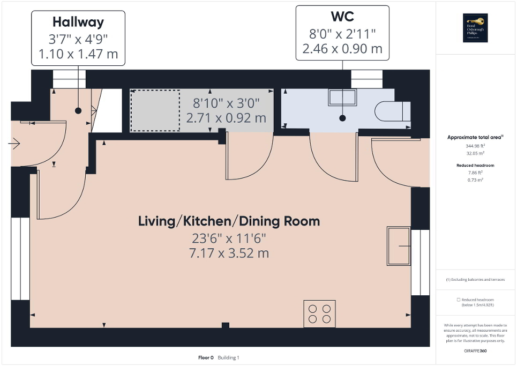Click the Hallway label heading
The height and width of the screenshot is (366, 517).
tap(78, 22)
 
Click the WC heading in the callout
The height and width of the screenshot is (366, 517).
tap(342, 17)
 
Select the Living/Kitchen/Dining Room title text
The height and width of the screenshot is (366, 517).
tap(229, 221)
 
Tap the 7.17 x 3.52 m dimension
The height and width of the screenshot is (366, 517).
tap(229, 252)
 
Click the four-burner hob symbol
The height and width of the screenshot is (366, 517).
tap(319, 314)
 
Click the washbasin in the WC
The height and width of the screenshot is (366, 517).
tap(342, 98)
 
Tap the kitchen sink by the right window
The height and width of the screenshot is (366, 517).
tap(399, 246)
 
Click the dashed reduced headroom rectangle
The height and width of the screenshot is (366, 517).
tap(156, 110)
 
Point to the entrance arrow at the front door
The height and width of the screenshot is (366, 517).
tap(14, 143)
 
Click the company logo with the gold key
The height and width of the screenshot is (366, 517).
tap(476, 28)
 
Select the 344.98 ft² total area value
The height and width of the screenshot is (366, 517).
tap(476, 145)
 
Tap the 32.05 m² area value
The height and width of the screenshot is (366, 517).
tap(476, 152)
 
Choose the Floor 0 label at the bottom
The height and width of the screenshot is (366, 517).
tap(206, 357)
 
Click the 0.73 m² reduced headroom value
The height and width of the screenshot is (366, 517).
tap(476, 180)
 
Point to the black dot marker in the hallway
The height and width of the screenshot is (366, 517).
tap(78, 110)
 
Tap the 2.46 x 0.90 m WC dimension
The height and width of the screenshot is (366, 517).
tap(342, 49)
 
